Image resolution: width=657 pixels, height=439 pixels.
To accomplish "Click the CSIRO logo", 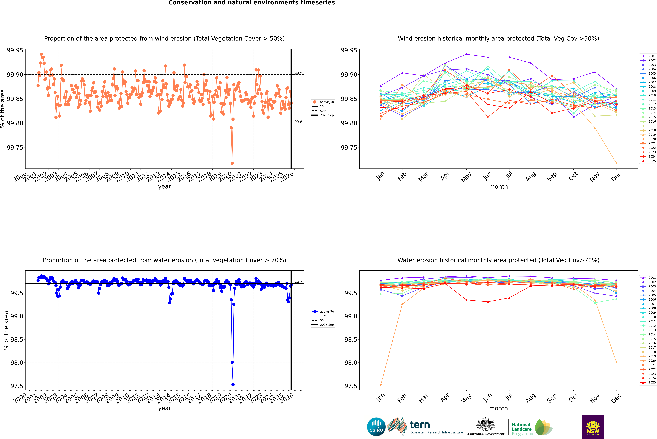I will pyautogui.click(x=376, y=427).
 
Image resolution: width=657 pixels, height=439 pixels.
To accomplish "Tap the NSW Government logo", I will pyautogui.click(x=593, y=427).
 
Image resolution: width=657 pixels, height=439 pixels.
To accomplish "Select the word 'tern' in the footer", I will pyautogui.click(x=420, y=425).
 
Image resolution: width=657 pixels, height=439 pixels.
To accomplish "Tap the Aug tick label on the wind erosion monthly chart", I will pyautogui.click(x=531, y=176).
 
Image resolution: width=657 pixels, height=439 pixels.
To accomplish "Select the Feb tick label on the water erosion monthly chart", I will pyautogui.click(x=402, y=398).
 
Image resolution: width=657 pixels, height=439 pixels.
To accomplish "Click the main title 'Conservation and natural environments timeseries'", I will pyautogui.click(x=251, y=3).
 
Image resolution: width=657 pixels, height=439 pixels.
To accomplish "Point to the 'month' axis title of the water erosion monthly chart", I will pyautogui.click(x=498, y=408).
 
